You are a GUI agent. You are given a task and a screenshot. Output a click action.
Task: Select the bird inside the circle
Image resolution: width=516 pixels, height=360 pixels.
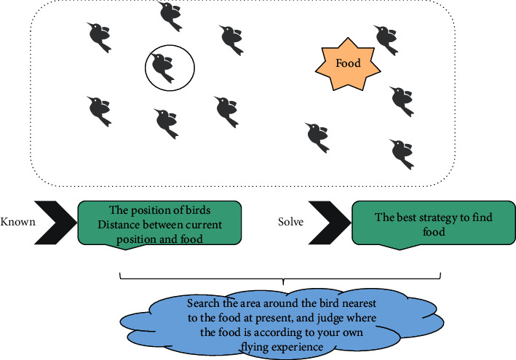point(165,67)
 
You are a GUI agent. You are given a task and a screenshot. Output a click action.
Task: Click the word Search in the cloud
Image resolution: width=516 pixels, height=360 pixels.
point(201,303)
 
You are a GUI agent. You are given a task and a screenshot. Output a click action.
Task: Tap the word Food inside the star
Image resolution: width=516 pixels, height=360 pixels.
point(348,63)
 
